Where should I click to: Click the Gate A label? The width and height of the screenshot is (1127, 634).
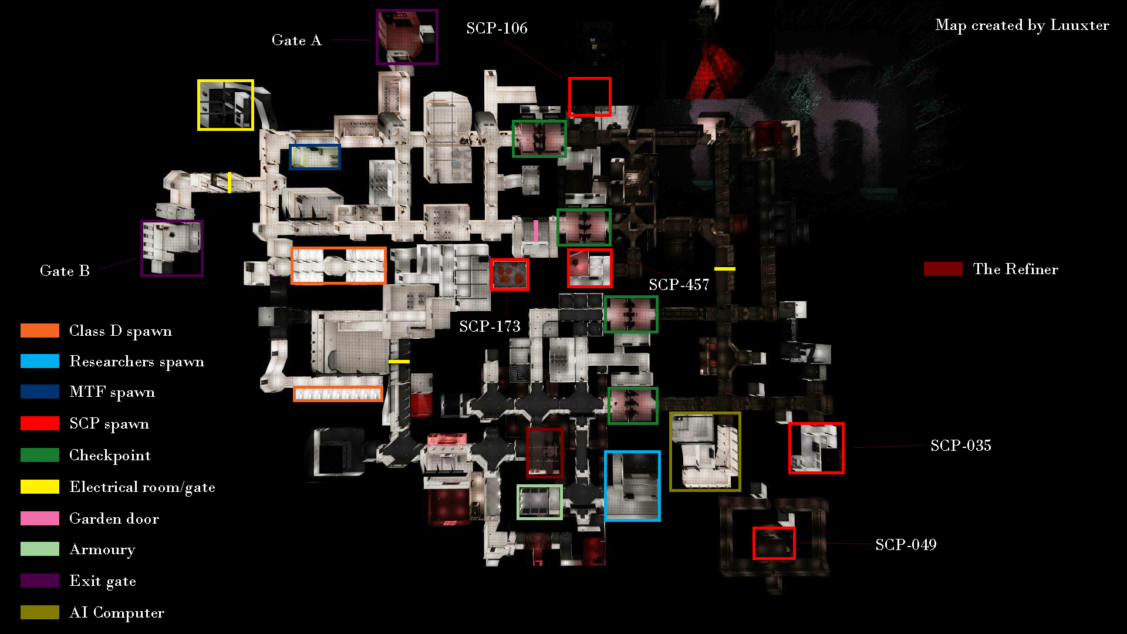point(296,41)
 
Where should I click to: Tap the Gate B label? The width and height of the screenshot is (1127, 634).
point(65,271)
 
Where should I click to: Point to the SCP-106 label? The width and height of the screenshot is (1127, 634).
point(497,28)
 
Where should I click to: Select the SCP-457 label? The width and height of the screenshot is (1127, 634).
point(679,285)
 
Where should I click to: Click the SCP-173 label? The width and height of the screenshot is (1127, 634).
point(490,326)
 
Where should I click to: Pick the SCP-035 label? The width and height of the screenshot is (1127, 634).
point(960,446)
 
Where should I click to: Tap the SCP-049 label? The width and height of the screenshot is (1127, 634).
point(906,545)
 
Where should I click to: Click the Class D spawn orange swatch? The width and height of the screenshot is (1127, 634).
point(40,331)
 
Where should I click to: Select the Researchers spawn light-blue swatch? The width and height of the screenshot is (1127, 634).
point(40,361)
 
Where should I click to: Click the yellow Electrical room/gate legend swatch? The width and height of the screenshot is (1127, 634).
point(40,487)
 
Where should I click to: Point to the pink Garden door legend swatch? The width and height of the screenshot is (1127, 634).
point(40,518)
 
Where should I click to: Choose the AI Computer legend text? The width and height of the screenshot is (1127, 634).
point(117,613)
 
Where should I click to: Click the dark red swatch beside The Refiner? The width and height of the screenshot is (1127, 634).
point(943,269)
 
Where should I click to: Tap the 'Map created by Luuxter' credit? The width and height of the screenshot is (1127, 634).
point(1022,25)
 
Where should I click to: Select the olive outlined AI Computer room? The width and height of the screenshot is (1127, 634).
point(671,452)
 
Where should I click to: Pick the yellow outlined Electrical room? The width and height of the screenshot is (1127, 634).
point(199,105)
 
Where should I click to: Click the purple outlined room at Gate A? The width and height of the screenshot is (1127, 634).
point(377,37)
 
